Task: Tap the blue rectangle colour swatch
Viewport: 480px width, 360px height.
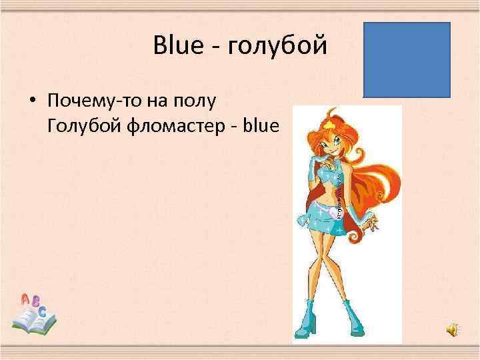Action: pyautogui.click(x=407, y=60)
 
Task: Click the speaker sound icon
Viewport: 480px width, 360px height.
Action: pyautogui.click(x=453, y=329)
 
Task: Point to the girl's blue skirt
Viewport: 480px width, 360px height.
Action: pyautogui.click(x=331, y=216)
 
